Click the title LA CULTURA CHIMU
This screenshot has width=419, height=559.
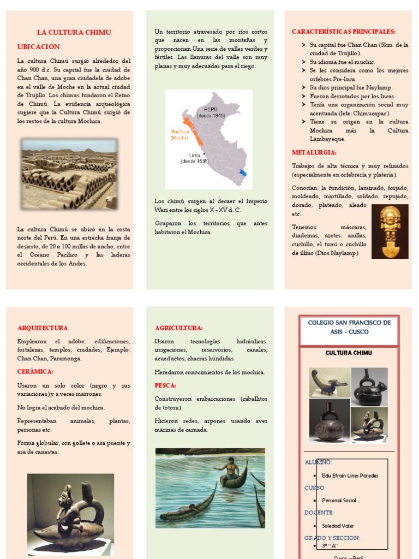74,32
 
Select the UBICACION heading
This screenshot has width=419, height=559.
38,47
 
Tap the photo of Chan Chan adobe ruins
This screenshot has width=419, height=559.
69,174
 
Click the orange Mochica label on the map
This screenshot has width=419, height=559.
179,134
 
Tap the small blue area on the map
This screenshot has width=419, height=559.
243,173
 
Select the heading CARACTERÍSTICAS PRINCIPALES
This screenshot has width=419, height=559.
343,32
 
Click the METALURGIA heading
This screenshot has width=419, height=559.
314,152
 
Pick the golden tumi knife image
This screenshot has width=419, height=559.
390,231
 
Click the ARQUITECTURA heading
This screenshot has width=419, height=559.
43,328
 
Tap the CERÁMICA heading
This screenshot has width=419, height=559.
35,371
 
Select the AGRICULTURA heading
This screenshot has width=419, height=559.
179,328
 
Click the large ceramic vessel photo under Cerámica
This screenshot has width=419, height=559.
70,512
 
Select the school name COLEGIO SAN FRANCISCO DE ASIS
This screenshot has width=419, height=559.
349,327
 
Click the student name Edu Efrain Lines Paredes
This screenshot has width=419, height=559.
350,475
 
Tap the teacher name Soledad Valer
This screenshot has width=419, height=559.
338,526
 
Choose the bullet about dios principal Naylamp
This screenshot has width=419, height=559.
351,87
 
